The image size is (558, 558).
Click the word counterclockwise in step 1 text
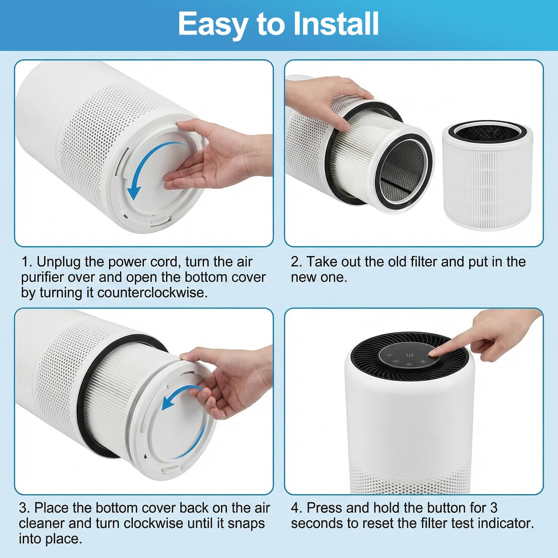click(x=152, y=292)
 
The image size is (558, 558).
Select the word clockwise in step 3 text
click(x=156, y=523)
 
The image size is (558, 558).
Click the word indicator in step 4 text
click(x=505, y=523)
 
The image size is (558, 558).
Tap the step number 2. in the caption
click(x=296, y=262)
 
